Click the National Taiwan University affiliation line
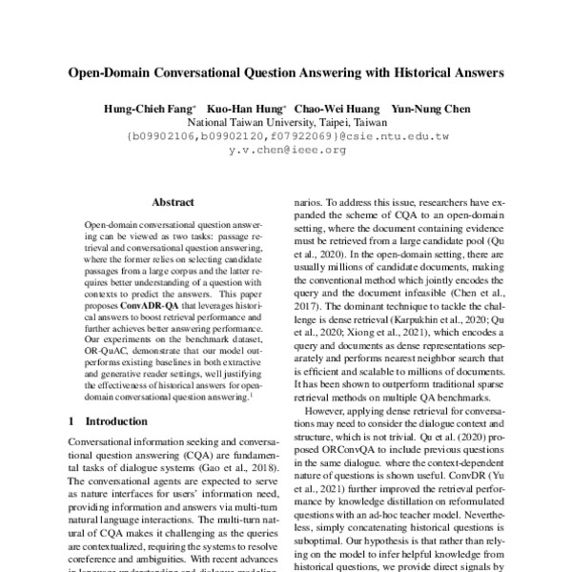286,123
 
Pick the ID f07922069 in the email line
298,136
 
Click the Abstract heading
173,202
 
